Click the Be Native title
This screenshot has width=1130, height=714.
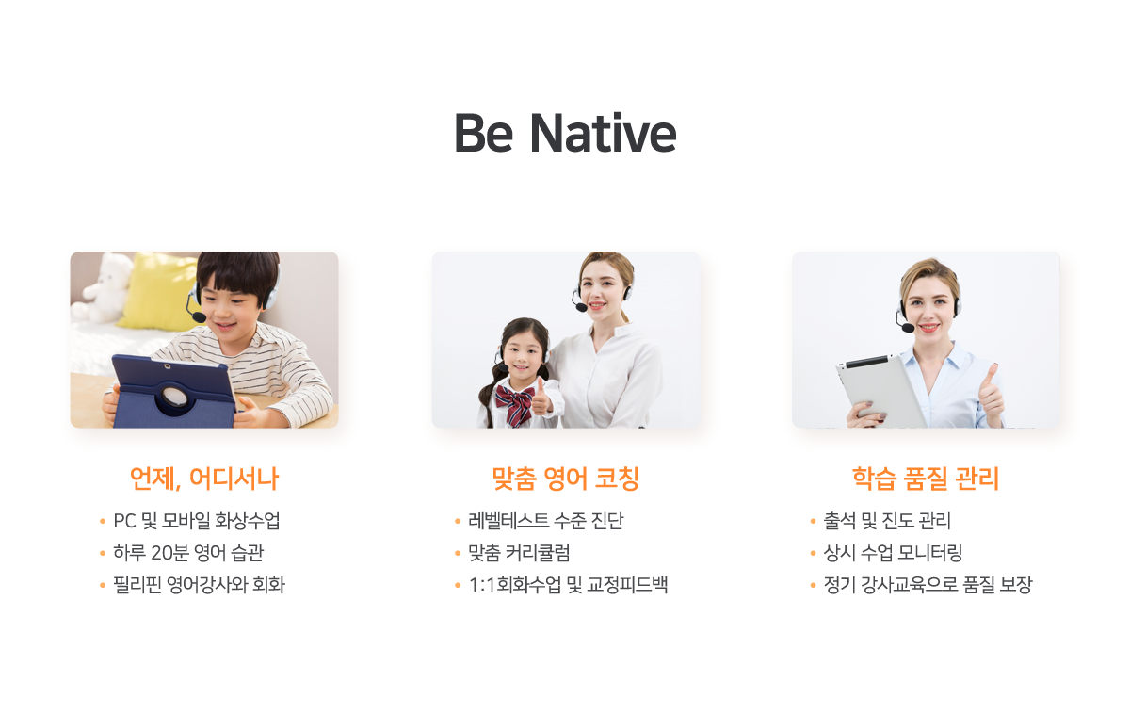coord(565,133)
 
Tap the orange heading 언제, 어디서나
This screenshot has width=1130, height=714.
coord(204,479)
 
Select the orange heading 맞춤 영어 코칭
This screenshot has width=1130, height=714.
coord(566,479)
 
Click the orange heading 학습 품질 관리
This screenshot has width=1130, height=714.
coord(926,479)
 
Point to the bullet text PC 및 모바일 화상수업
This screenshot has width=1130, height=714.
coord(196,521)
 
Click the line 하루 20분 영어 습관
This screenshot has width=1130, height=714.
coord(188,553)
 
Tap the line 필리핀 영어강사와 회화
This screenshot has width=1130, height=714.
coord(199,585)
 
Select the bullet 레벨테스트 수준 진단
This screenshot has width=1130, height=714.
coord(546,521)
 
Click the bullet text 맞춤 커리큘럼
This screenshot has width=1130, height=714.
coord(519,553)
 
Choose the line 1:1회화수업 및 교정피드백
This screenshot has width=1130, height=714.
coord(568,585)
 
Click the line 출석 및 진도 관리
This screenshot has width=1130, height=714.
coord(887,521)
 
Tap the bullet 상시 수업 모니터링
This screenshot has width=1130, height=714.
coord(893,553)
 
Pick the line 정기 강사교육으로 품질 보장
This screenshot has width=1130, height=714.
coord(928,585)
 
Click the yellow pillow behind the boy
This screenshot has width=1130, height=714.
coord(159,293)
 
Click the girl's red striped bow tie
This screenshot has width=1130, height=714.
coord(514,405)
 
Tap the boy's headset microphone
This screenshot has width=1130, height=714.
coord(199,316)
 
